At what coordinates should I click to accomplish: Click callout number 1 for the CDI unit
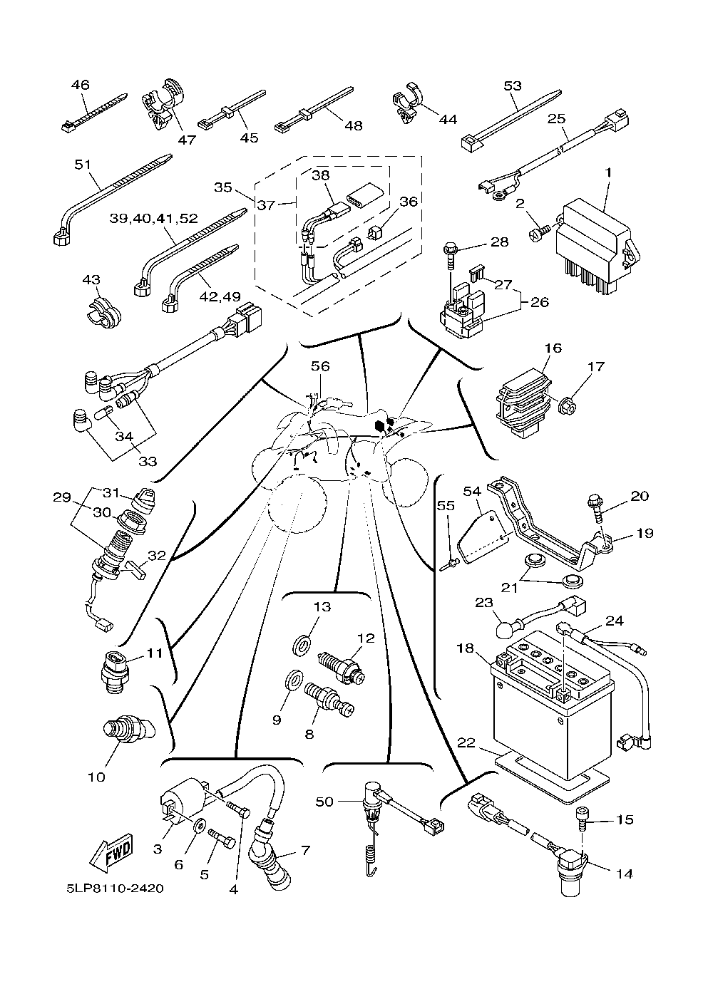[x=608, y=172]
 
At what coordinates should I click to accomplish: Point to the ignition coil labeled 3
[x=184, y=799]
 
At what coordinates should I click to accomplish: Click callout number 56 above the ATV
[x=320, y=366]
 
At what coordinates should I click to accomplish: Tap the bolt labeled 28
[x=453, y=255]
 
